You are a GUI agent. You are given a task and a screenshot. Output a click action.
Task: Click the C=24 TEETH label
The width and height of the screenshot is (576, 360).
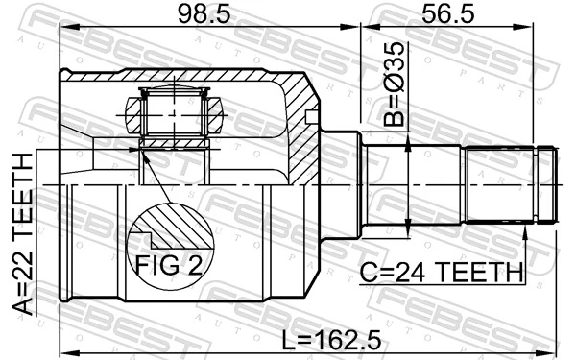pyautogui.click(x=442, y=274)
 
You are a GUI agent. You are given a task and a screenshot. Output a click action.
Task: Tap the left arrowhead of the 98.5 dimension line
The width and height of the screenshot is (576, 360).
pyautogui.click(x=66, y=32)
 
